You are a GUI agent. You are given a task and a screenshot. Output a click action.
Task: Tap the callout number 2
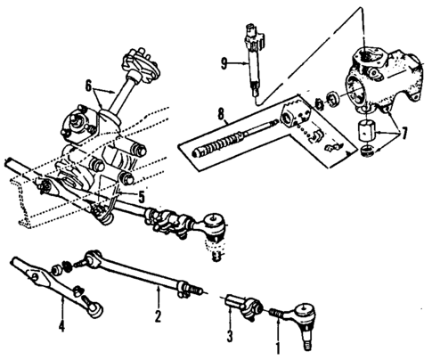158,315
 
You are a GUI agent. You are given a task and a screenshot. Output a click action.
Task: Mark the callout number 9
226,62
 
